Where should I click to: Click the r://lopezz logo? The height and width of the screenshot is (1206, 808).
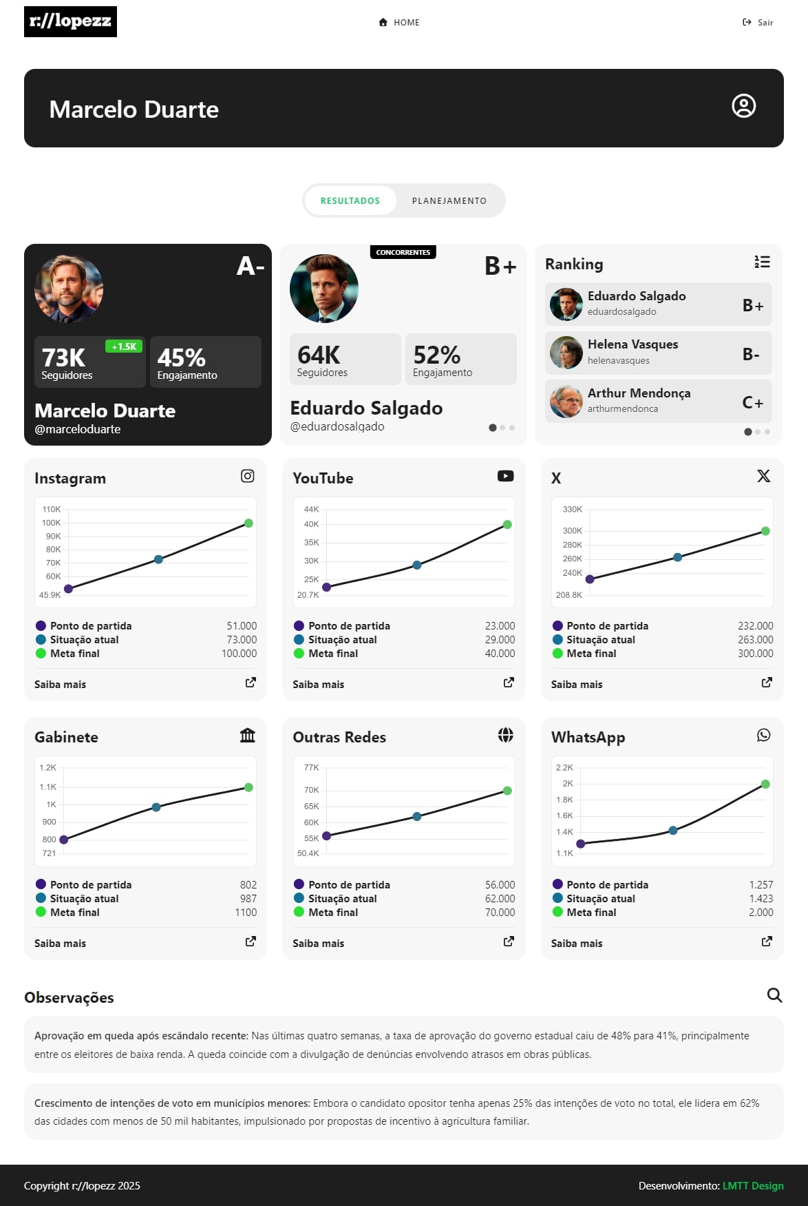(x=70, y=21)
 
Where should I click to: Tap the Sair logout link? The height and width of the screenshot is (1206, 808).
(x=758, y=23)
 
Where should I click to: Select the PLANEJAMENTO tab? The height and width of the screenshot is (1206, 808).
(x=449, y=201)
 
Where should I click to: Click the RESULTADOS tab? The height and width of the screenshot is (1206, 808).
(x=350, y=201)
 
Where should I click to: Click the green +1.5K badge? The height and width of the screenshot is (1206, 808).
(x=124, y=346)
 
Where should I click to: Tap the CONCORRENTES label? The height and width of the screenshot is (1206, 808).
(x=403, y=252)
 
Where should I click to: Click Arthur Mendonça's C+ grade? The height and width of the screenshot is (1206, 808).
(x=752, y=402)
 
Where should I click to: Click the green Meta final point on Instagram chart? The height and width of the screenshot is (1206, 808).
(x=248, y=523)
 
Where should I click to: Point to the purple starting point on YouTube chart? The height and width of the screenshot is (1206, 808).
(x=327, y=588)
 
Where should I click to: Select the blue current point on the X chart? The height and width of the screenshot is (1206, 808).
(x=677, y=557)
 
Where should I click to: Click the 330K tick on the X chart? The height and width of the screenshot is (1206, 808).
(x=572, y=510)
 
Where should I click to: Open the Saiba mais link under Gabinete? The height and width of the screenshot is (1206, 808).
(x=61, y=944)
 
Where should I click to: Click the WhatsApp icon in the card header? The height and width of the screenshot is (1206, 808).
(x=763, y=736)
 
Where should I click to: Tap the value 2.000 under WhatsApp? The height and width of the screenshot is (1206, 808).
(x=761, y=913)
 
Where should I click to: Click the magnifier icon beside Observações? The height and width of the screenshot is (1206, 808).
(x=774, y=995)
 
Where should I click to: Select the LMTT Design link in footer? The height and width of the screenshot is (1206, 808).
(x=753, y=1186)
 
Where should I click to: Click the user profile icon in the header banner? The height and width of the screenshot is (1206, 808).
(x=743, y=106)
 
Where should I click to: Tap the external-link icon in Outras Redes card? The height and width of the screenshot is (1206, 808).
(x=509, y=942)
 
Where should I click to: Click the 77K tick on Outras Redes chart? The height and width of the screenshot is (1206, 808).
(x=312, y=768)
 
